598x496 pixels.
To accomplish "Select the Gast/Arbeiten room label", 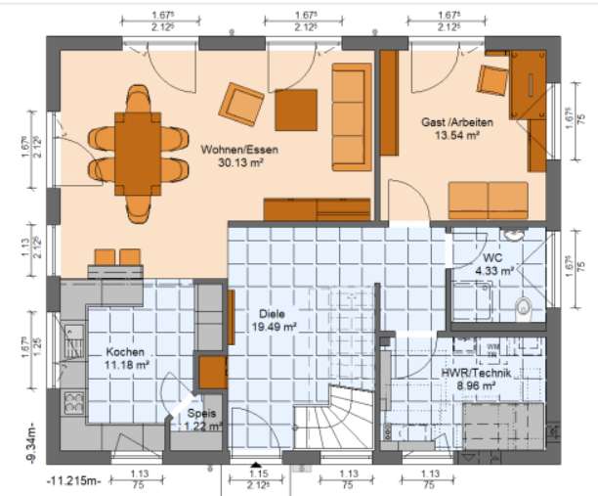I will click(457, 123).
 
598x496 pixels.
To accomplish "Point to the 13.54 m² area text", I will click(457, 137).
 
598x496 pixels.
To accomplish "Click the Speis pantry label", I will click(203, 413).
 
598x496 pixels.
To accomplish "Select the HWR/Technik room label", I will click(476, 373).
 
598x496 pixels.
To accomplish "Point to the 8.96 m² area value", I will click(476, 386).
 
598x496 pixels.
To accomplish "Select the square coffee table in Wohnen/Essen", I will click(295, 107).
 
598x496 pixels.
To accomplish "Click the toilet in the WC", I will click(525, 308).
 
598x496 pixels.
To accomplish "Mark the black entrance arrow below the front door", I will click(256, 467).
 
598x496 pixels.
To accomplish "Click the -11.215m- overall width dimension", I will click(74, 481).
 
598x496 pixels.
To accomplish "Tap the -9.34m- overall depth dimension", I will click(31, 445).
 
